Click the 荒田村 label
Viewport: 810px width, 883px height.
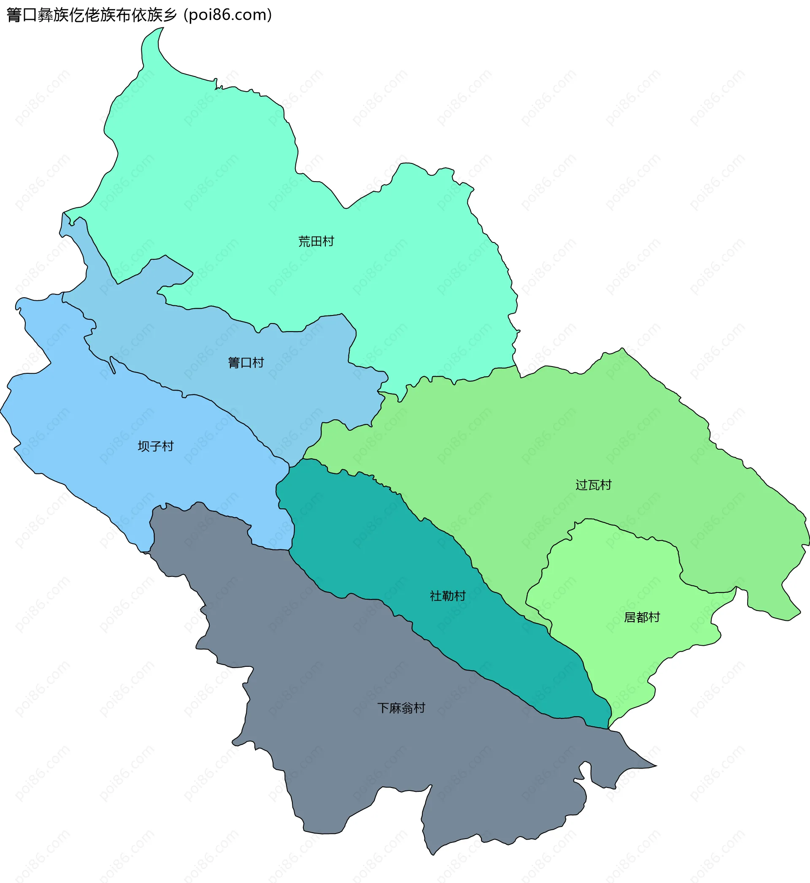click(316, 241)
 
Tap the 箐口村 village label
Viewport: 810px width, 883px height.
click(246, 362)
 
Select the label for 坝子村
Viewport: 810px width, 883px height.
click(156, 446)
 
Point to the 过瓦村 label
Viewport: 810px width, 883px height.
click(594, 485)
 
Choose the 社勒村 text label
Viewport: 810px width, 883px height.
click(448, 596)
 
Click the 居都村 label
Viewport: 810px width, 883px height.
click(642, 617)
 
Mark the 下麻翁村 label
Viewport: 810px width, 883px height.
click(401, 708)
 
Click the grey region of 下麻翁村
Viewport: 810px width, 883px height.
click(351, 768)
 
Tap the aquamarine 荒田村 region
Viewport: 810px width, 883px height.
click(219, 175)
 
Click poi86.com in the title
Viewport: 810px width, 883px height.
click(228, 15)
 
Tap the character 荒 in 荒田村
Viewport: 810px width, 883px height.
click(304, 241)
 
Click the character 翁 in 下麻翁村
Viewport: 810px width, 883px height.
click(407, 708)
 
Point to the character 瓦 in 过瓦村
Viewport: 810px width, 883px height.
click(594, 485)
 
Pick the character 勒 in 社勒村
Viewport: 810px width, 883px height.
click(448, 596)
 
